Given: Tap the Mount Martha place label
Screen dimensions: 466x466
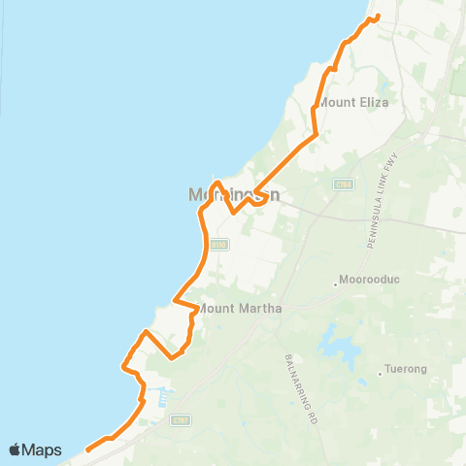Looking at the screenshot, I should pos(241,309).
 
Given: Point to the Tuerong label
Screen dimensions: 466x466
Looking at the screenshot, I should pos(405,370).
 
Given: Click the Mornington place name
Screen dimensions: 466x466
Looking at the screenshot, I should pos(235,195).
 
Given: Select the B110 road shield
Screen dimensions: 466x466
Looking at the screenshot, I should pos(219,245).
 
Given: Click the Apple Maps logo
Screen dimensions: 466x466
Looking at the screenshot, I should pos(35,449).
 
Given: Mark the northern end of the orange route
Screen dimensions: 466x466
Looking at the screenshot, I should pos(376,17).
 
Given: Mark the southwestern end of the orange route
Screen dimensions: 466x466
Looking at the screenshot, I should pos(87,449).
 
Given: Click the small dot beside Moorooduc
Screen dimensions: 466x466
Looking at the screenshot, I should pos(336,284).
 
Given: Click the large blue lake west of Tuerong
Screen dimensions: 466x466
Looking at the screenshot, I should pos(338,343).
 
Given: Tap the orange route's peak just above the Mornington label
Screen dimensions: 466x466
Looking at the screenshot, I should pos(218,183).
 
